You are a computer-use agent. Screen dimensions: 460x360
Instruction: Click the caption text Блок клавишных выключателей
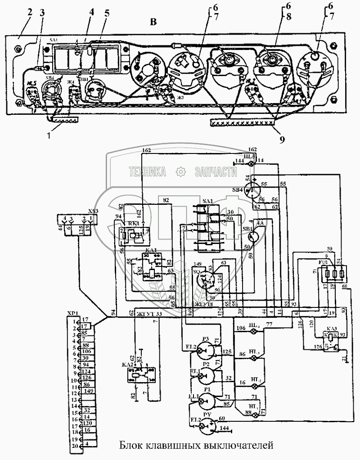pos(196,446)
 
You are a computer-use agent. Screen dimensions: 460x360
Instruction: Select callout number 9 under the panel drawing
pos(281,140)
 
